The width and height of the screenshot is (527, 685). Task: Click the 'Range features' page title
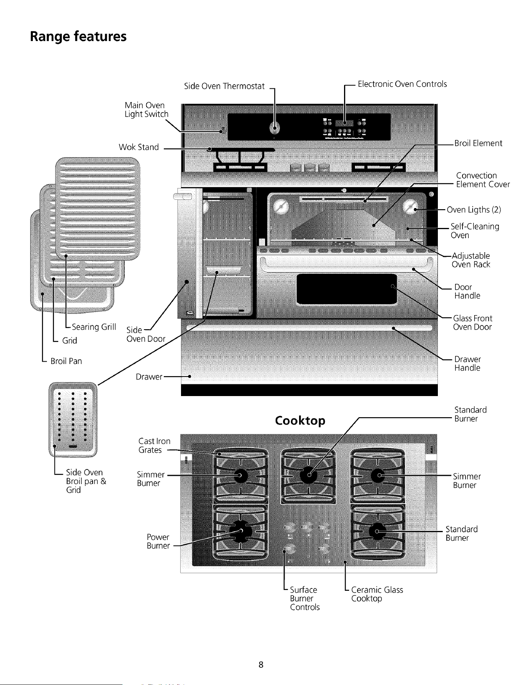pyautogui.click(x=78, y=37)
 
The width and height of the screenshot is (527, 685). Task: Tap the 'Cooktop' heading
pyautogui.click(x=300, y=421)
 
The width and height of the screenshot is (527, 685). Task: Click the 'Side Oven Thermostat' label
pyautogui.click(x=224, y=86)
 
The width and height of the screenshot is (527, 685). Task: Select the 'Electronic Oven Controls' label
pyautogui.click(x=402, y=84)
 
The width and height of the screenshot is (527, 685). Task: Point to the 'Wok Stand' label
pyautogui.click(x=139, y=147)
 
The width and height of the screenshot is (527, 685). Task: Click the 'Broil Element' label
pyautogui.click(x=478, y=143)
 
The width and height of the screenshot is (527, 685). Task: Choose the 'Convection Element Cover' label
pyautogui.click(x=483, y=180)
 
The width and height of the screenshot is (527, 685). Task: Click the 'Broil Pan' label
pyautogui.click(x=66, y=361)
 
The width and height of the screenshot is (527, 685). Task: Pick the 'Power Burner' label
pyautogui.click(x=158, y=541)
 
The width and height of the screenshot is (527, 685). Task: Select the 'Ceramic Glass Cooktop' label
pyautogui.click(x=377, y=594)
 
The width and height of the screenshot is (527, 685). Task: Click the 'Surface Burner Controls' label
pyautogui.click(x=305, y=598)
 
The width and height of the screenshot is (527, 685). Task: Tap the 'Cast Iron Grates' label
pyautogui.click(x=154, y=445)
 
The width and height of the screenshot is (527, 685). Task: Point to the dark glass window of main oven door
pyautogui.click(x=347, y=289)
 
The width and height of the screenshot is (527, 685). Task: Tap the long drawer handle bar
pyautogui.click(x=309, y=328)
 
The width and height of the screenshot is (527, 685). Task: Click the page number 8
pyautogui.click(x=261, y=664)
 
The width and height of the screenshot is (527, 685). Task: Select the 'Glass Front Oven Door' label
pyautogui.click(x=472, y=323)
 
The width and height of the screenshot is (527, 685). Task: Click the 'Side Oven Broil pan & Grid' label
pyautogui.click(x=86, y=481)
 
